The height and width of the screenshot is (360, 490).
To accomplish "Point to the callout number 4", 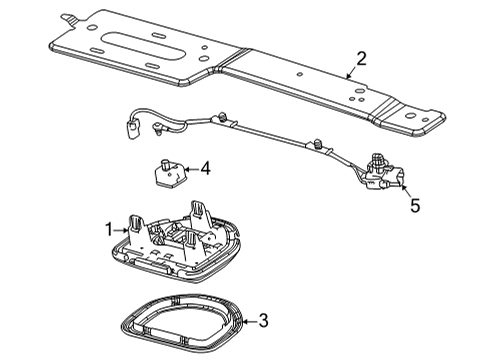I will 204,169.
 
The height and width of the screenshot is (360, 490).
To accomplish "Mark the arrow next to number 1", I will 123,232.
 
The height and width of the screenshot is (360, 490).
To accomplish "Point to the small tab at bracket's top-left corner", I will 66,17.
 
